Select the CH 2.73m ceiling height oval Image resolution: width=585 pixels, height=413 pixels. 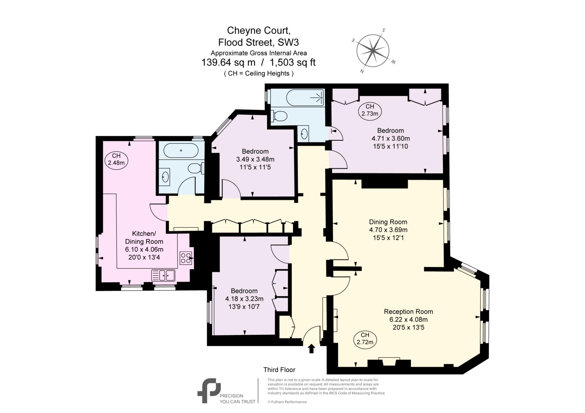pos(370,110)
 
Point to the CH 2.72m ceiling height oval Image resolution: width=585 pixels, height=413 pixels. pos(365,339)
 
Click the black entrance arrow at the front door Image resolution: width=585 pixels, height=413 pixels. pos(311,348)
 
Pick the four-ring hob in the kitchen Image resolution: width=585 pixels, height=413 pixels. pos(186,258)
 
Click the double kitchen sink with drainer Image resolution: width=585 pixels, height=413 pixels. pos(163,275)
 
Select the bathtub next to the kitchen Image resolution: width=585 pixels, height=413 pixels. pos(181,150)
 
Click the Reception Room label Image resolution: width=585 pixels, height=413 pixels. pos(408,311)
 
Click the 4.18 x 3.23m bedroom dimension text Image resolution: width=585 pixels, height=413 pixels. pos(244,299)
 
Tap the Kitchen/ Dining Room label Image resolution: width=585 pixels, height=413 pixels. pos(144,237)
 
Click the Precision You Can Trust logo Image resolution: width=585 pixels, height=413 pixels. pos(209,391)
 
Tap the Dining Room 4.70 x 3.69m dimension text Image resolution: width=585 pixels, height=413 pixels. pos(388,230)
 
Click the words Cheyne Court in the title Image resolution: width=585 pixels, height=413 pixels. pos(259,30)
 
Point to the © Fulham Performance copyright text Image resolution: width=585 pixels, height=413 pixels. pos(287,402)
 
